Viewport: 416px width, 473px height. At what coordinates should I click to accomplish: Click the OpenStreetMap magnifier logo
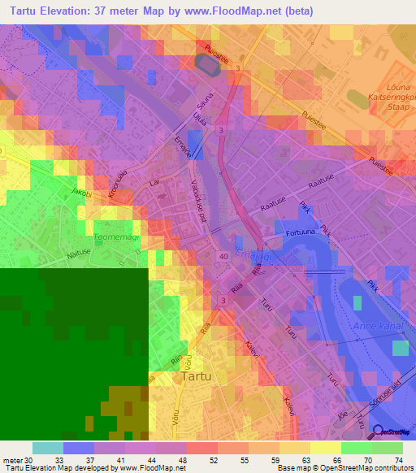(x=377, y=431)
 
